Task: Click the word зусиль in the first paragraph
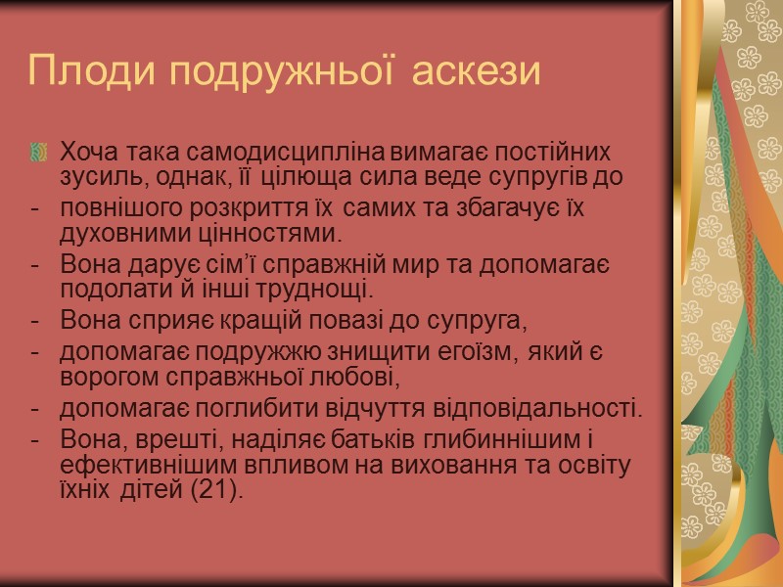tap(94, 179)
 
